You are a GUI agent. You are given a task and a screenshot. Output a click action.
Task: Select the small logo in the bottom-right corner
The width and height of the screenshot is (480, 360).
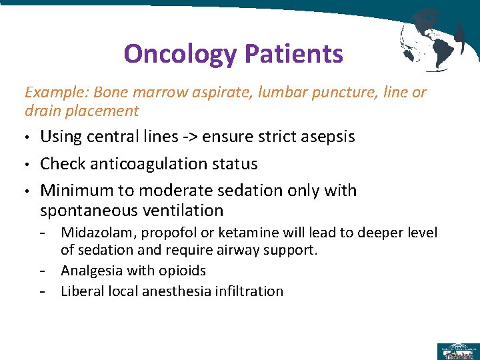[x=457, y=351]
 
